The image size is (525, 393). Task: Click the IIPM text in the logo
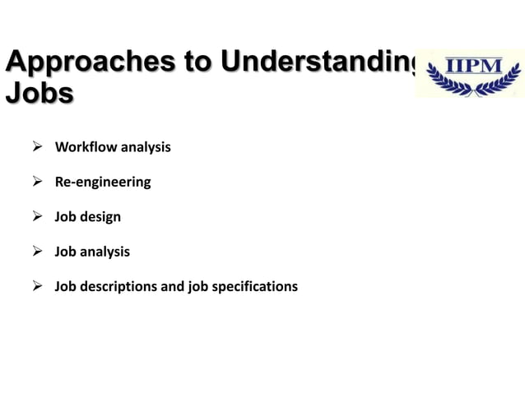click(x=472, y=67)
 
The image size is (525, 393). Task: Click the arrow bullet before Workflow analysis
click(x=35, y=147)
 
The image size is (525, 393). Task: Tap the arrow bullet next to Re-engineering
click(x=35, y=182)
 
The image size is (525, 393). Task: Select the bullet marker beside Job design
click(x=35, y=217)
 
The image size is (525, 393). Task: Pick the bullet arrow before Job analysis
click(x=35, y=252)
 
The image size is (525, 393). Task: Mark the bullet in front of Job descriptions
click(x=35, y=287)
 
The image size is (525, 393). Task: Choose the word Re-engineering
click(x=103, y=182)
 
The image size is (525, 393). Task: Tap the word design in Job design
click(x=100, y=217)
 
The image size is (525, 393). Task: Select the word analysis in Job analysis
click(x=105, y=252)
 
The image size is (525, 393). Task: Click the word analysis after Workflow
click(x=146, y=147)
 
